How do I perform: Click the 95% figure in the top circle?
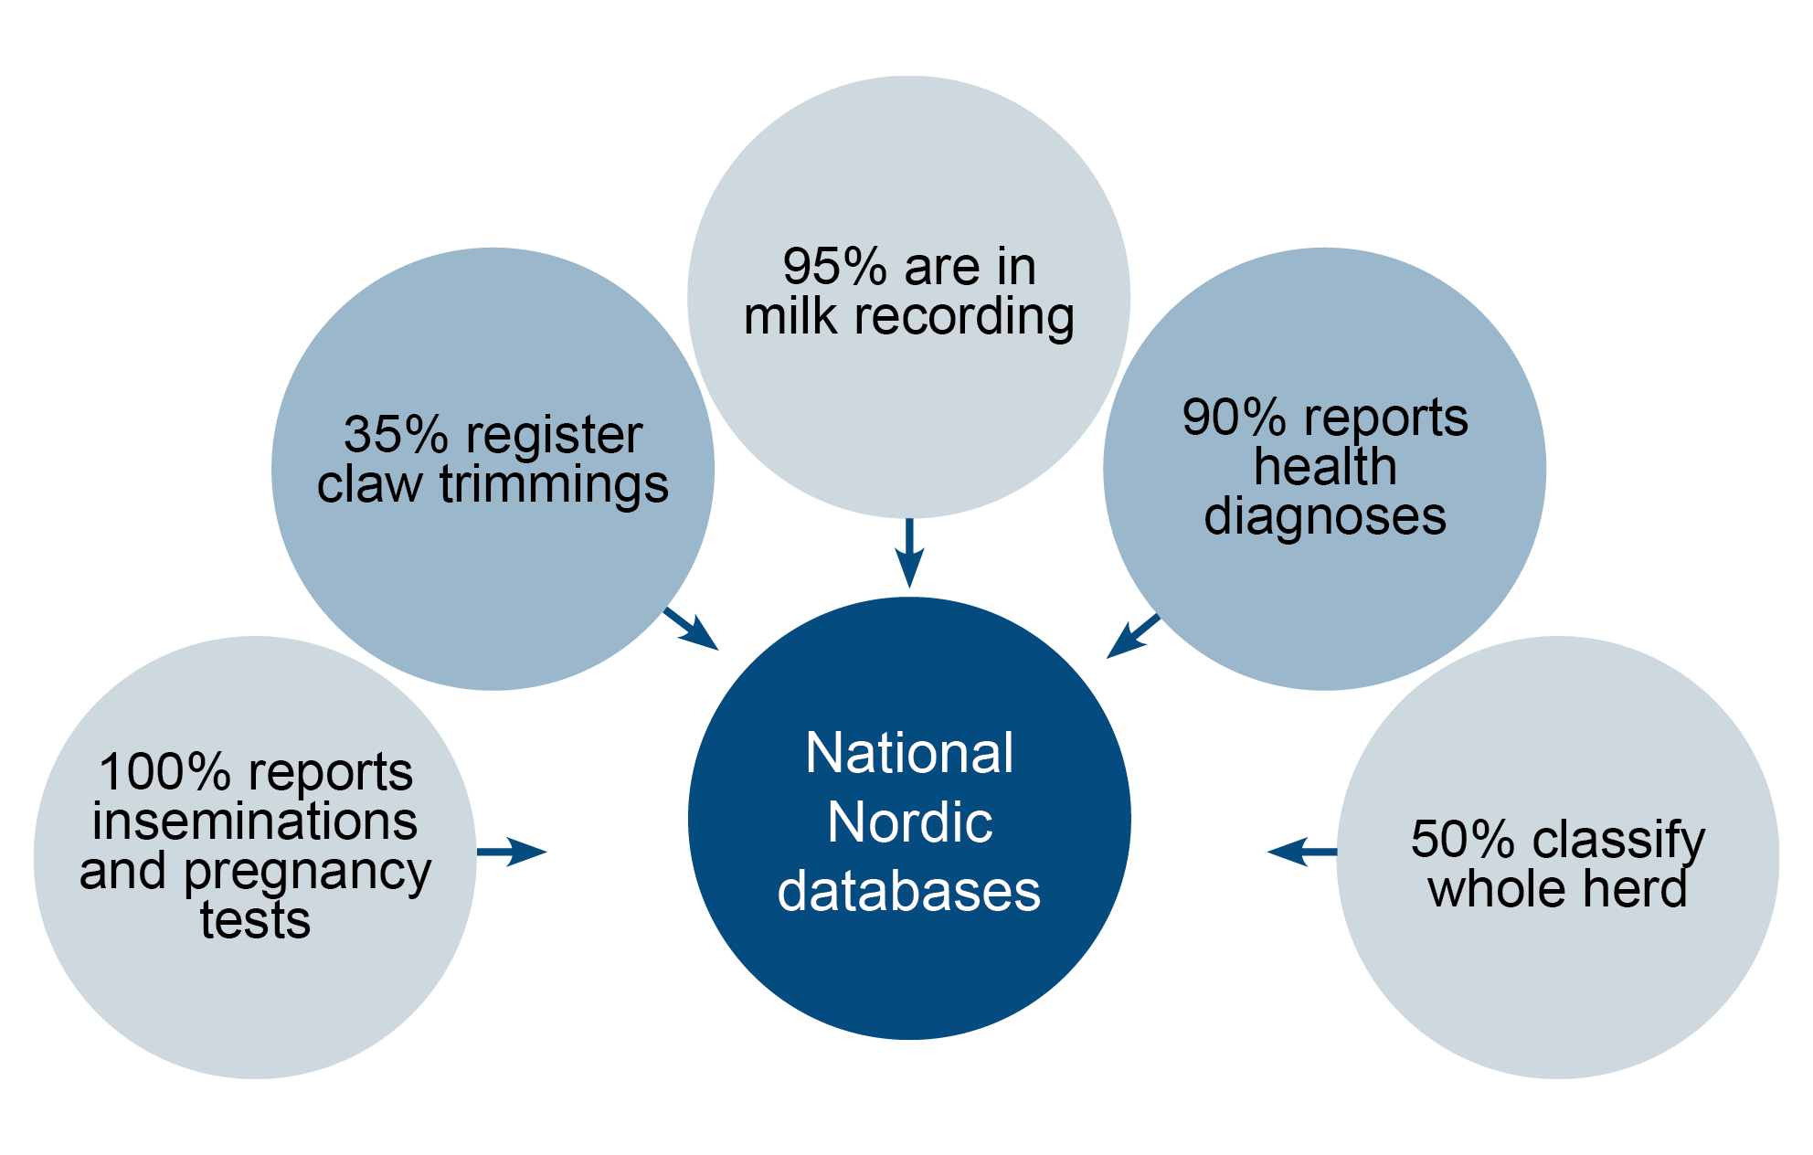[834, 267]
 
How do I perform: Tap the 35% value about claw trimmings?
[396, 435]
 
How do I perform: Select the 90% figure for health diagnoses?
[1234, 418]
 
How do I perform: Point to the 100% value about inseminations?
[164, 772]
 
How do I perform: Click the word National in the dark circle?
[909, 753]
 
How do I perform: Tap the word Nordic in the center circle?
[909, 822]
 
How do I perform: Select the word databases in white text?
[909, 891]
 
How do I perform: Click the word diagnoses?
[1325, 517]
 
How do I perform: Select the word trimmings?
[554, 484]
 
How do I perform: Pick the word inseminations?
[255, 821]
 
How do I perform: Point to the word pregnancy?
[307, 873]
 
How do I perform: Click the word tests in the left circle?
[255, 920]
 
